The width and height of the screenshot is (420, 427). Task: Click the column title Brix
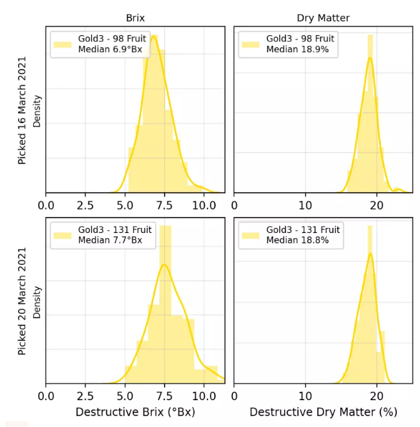(135, 19)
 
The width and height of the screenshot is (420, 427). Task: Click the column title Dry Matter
(323, 19)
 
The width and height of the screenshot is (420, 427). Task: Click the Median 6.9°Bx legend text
(111, 49)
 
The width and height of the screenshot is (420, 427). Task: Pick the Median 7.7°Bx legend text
(111, 240)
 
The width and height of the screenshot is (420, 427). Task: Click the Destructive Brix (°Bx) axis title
(135, 412)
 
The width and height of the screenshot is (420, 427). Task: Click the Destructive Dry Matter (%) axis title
(323, 412)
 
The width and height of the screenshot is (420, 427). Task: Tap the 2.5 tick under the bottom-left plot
(86, 396)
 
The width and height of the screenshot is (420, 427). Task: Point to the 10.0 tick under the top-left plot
(204, 206)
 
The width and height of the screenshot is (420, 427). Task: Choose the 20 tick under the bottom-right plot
(377, 396)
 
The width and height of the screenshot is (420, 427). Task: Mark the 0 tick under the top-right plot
(235, 206)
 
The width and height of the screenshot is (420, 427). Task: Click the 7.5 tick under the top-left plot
(165, 206)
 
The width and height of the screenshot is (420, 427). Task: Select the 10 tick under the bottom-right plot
(306, 396)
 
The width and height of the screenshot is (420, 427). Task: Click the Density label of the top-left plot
(37, 110)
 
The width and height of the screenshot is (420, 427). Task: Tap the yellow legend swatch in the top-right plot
(250, 44)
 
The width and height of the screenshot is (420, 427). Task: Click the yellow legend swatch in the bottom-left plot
(63, 235)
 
